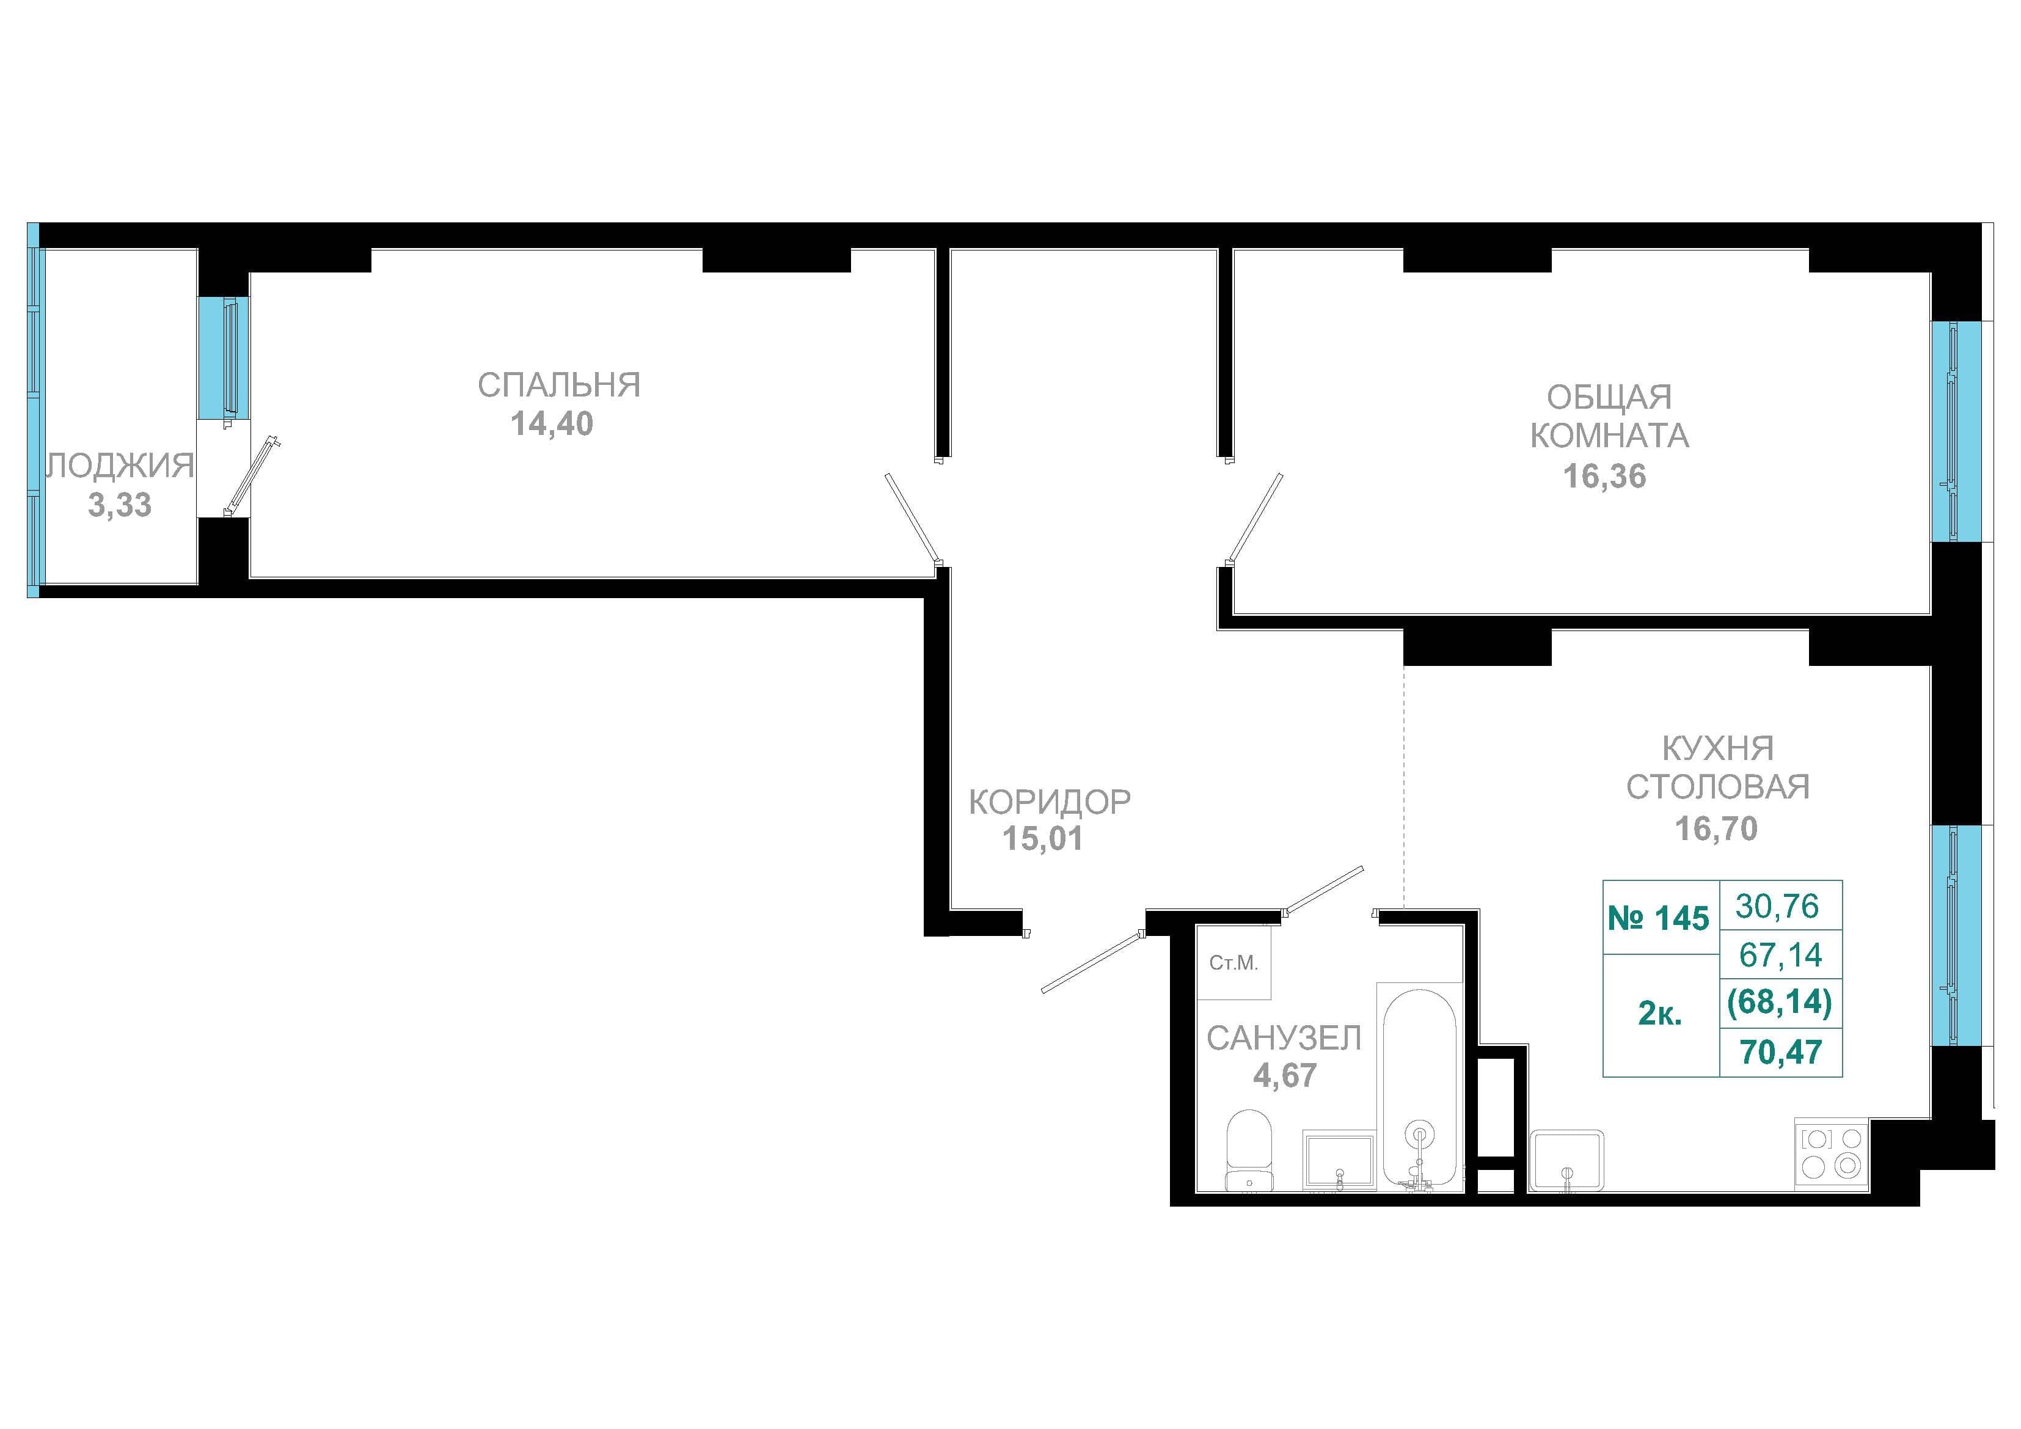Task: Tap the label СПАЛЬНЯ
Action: pos(559,386)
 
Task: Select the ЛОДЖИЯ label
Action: pos(120,465)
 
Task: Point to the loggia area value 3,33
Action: pos(120,505)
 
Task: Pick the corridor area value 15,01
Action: pos(1043,839)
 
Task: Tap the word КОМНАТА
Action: pos(1609,436)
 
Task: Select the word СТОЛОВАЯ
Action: pos(1717,786)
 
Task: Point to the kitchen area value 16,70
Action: pos(1716,828)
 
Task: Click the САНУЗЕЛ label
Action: pos(1284,1039)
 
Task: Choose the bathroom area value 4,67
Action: pos(1285,1076)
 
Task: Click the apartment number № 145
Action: pos(1658,918)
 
